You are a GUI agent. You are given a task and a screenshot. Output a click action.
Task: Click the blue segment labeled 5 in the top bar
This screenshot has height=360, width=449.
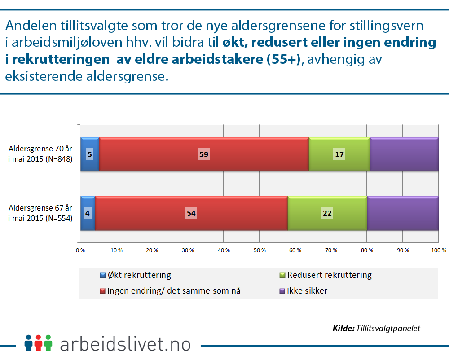point(90,154)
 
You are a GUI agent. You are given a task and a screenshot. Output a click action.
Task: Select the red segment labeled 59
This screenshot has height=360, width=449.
point(204,154)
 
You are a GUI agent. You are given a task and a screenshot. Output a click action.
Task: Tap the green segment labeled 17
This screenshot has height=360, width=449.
point(339,154)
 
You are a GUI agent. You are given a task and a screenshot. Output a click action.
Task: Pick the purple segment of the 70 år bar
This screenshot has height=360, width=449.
point(404,154)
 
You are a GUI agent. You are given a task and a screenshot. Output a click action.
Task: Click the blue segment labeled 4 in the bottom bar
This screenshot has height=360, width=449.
point(88,213)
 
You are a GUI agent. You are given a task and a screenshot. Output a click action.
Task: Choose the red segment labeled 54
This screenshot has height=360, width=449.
point(191,213)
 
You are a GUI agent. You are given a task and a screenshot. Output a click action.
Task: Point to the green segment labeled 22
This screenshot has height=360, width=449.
point(327,213)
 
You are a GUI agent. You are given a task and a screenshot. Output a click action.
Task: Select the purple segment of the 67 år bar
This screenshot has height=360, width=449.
point(402,213)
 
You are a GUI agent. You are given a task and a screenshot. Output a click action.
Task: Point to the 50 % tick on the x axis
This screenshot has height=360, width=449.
point(260,250)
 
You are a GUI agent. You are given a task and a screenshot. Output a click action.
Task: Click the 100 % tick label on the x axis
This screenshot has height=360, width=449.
point(438,250)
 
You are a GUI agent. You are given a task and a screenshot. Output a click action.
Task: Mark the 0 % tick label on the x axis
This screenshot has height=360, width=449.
point(80,250)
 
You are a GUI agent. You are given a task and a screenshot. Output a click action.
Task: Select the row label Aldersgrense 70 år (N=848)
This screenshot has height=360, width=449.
point(40,154)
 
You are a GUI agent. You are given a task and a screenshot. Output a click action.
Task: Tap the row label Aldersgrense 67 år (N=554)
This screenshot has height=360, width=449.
point(40,213)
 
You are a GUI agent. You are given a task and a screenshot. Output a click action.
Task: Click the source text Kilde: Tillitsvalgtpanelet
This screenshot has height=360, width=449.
point(376,328)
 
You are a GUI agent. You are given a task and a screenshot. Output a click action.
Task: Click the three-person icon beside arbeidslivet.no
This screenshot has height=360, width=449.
point(39,343)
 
